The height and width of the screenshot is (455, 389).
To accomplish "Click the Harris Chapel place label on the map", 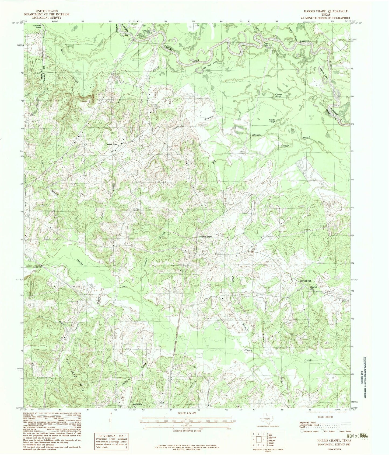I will tap(205, 236).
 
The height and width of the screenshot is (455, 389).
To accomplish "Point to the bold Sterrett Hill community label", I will tap(305, 281).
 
